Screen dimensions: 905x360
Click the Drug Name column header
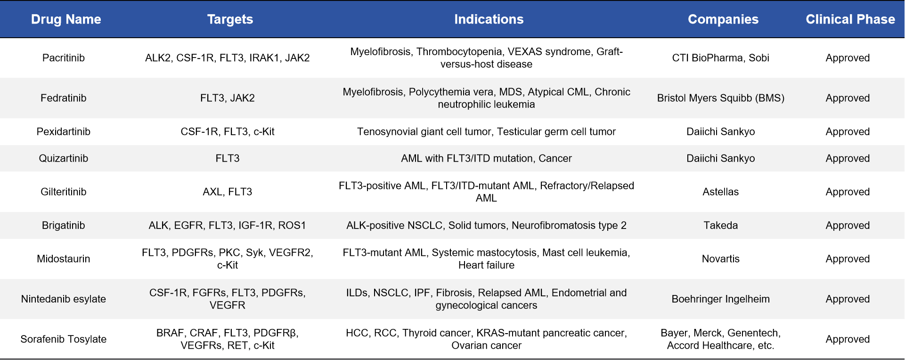(x=66, y=19)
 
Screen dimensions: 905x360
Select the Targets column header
(x=230, y=19)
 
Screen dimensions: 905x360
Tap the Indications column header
(x=489, y=19)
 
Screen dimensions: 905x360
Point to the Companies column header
(x=723, y=19)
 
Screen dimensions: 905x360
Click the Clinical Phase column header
(x=850, y=19)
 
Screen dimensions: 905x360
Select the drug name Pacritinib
(x=64, y=58)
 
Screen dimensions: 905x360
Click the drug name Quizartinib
(x=64, y=158)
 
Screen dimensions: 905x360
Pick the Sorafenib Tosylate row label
(x=64, y=339)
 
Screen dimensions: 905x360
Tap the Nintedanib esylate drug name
(x=64, y=299)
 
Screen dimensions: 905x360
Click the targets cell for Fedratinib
(x=228, y=98)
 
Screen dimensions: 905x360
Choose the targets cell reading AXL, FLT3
(x=228, y=192)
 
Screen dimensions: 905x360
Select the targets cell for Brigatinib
(x=228, y=225)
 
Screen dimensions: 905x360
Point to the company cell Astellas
(x=721, y=192)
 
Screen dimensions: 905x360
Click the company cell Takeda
(x=721, y=225)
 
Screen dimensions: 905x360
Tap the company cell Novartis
(x=721, y=259)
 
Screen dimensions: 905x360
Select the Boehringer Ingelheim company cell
(x=721, y=299)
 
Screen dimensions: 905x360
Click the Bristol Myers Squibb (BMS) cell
(x=721, y=98)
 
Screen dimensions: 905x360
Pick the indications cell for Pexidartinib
(x=486, y=131)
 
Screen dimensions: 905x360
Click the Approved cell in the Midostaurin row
(x=848, y=259)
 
